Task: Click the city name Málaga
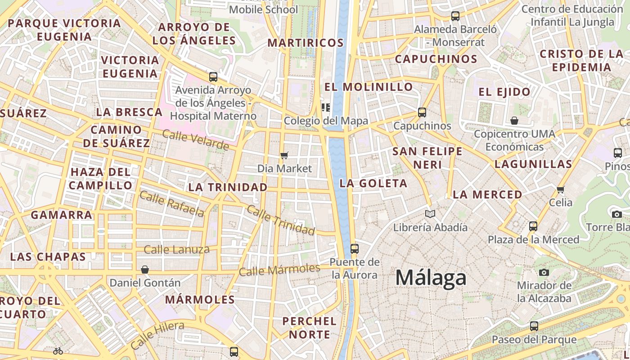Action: point(430,278)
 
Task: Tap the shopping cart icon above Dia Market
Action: point(284,156)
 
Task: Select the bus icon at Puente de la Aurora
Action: point(354,248)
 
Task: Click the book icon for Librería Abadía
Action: point(430,214)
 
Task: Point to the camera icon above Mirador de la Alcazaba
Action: point(544,272)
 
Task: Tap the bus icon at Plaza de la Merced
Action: point(533,226)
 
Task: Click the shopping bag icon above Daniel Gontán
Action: point(145,270)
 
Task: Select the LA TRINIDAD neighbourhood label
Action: point(228,187)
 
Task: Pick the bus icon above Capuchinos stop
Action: point(422,112)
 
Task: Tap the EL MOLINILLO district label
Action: point(369,87)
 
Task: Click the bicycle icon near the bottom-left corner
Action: point(58,351)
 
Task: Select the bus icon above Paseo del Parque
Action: point(534,326)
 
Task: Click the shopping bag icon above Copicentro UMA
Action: point(514,121)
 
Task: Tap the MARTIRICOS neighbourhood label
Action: point(306,43)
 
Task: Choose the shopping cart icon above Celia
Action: point(561,189)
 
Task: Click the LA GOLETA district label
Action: point(373,183)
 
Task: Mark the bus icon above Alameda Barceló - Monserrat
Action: point(455,16)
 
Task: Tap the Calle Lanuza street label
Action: point(176,249)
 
